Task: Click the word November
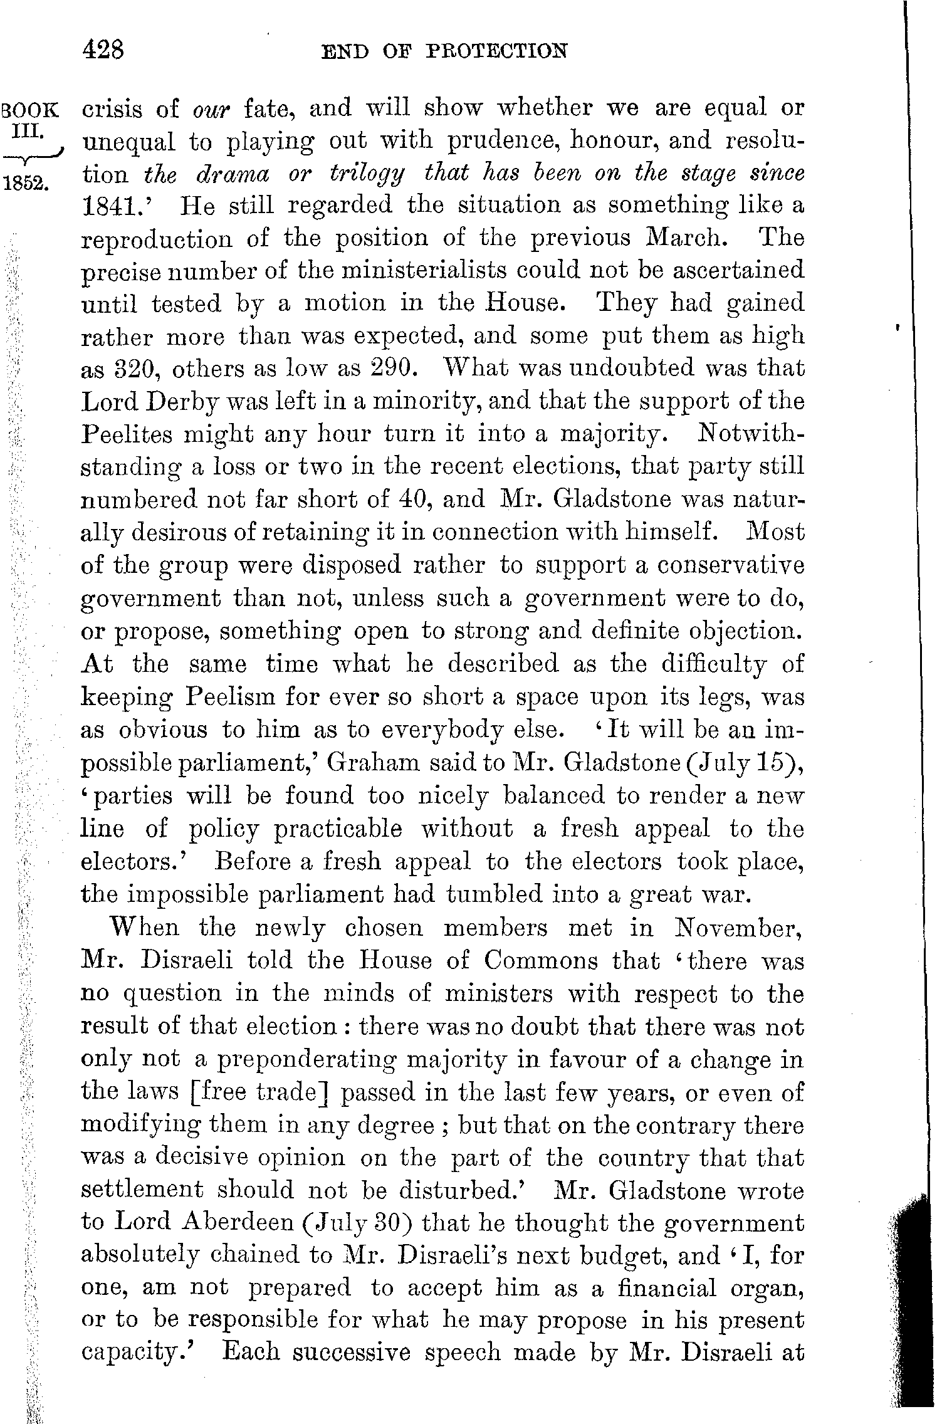pyautogui.click(x=738, y=928)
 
